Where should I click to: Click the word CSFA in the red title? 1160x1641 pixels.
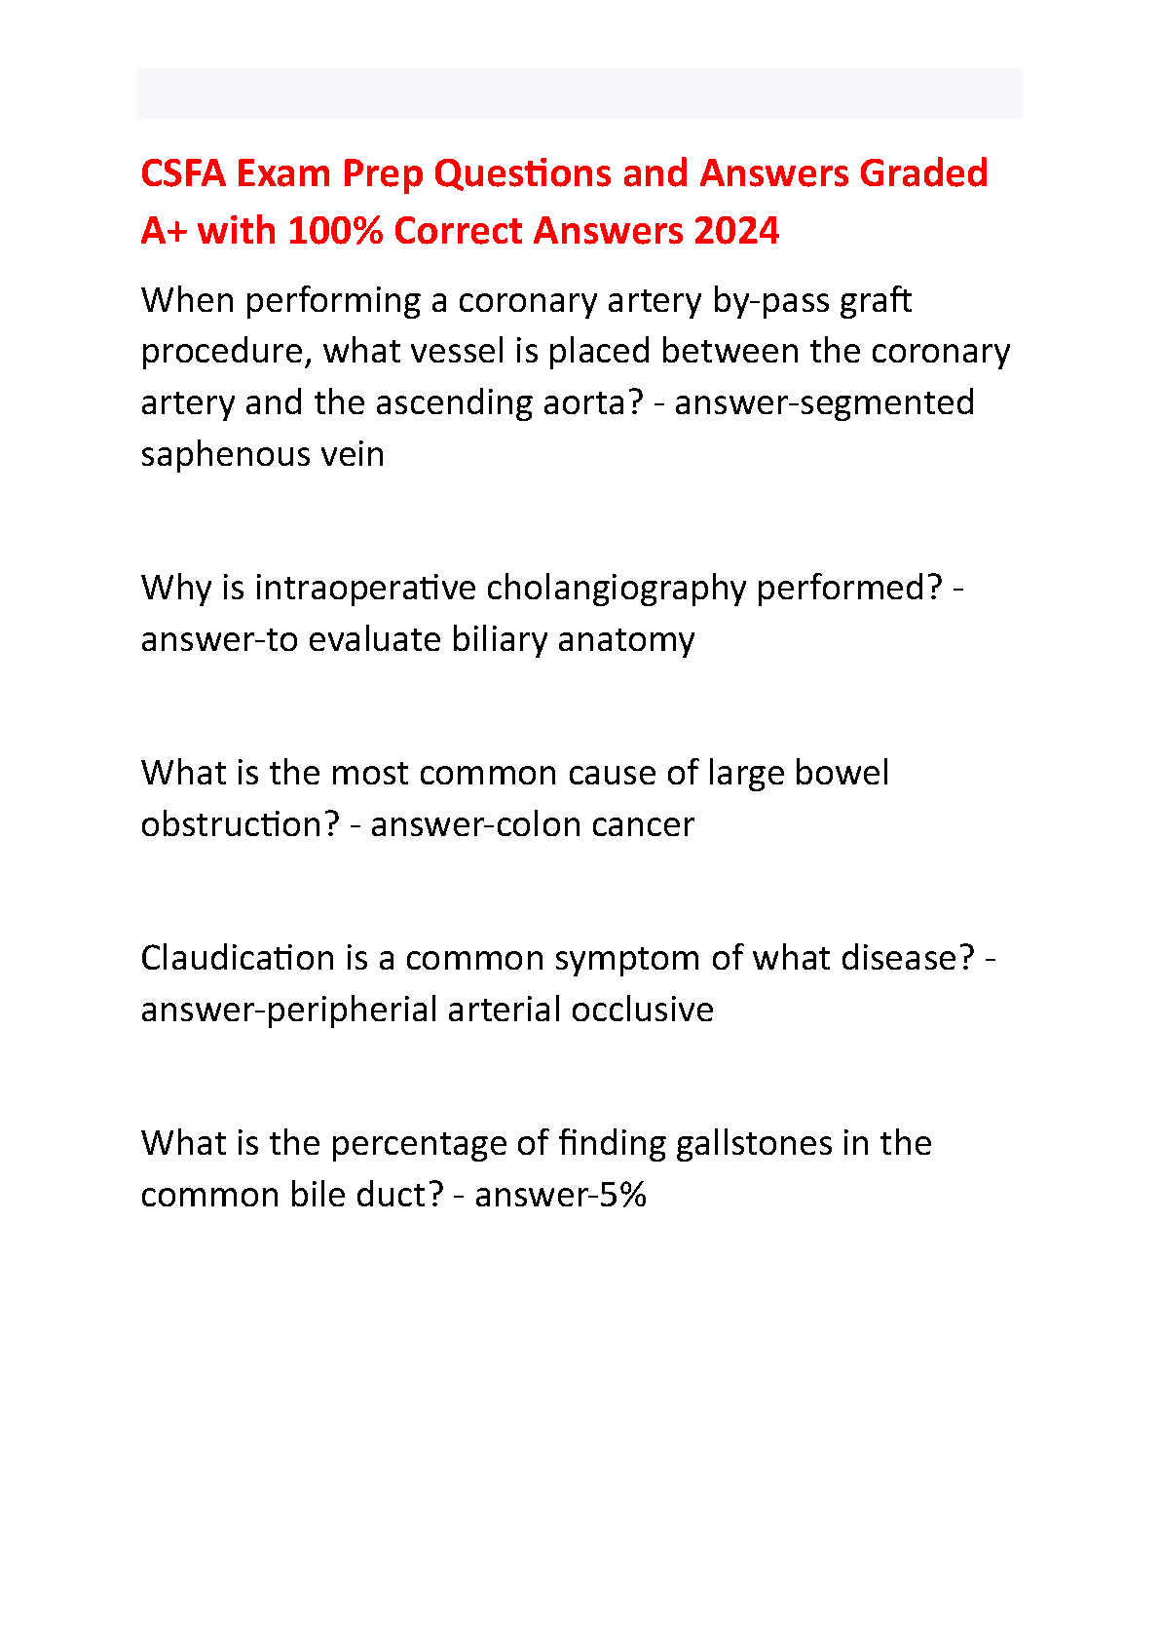183,173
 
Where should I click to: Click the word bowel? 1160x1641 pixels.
842,773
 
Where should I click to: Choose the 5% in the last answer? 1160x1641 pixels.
622,1195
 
